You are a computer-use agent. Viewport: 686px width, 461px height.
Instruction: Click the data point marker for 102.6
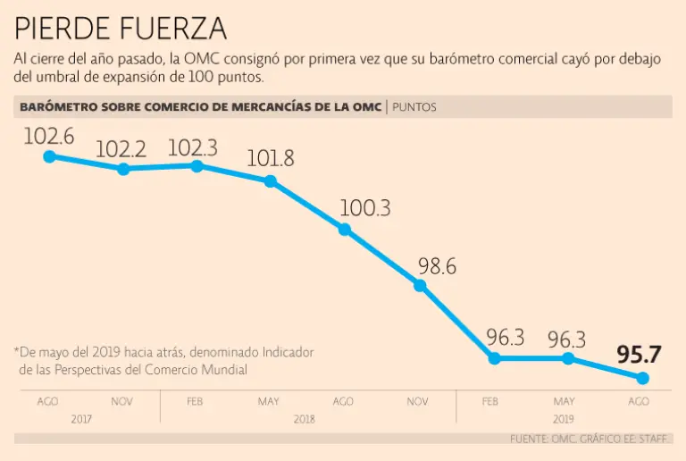tap(50, 156)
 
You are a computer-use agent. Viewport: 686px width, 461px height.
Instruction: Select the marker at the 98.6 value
tap(420, 286)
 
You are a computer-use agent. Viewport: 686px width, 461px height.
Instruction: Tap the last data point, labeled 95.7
tap(641, 378)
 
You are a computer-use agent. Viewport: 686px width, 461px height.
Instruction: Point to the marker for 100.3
tap(344, 230)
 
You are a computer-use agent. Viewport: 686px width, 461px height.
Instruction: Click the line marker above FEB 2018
tap(197, 165)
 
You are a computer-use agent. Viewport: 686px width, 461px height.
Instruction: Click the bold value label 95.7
tap(639, 354)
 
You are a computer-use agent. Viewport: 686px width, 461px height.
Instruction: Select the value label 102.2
tap(121, 149)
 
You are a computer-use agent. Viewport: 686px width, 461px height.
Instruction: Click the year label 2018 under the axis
tap(305, 418)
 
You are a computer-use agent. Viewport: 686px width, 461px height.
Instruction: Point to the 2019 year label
tap(562, 418)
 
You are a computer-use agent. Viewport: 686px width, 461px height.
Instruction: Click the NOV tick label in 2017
tap(121, 402)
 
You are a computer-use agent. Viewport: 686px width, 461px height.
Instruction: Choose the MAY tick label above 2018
tap(269, 402)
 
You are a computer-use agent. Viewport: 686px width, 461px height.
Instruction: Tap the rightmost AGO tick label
tap(638, 402)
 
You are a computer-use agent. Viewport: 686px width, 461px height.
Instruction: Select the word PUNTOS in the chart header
tap(414, 107)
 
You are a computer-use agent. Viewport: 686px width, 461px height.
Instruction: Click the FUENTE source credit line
tap(590, 439)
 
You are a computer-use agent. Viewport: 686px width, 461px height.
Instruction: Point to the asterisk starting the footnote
tap(16, 350)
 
